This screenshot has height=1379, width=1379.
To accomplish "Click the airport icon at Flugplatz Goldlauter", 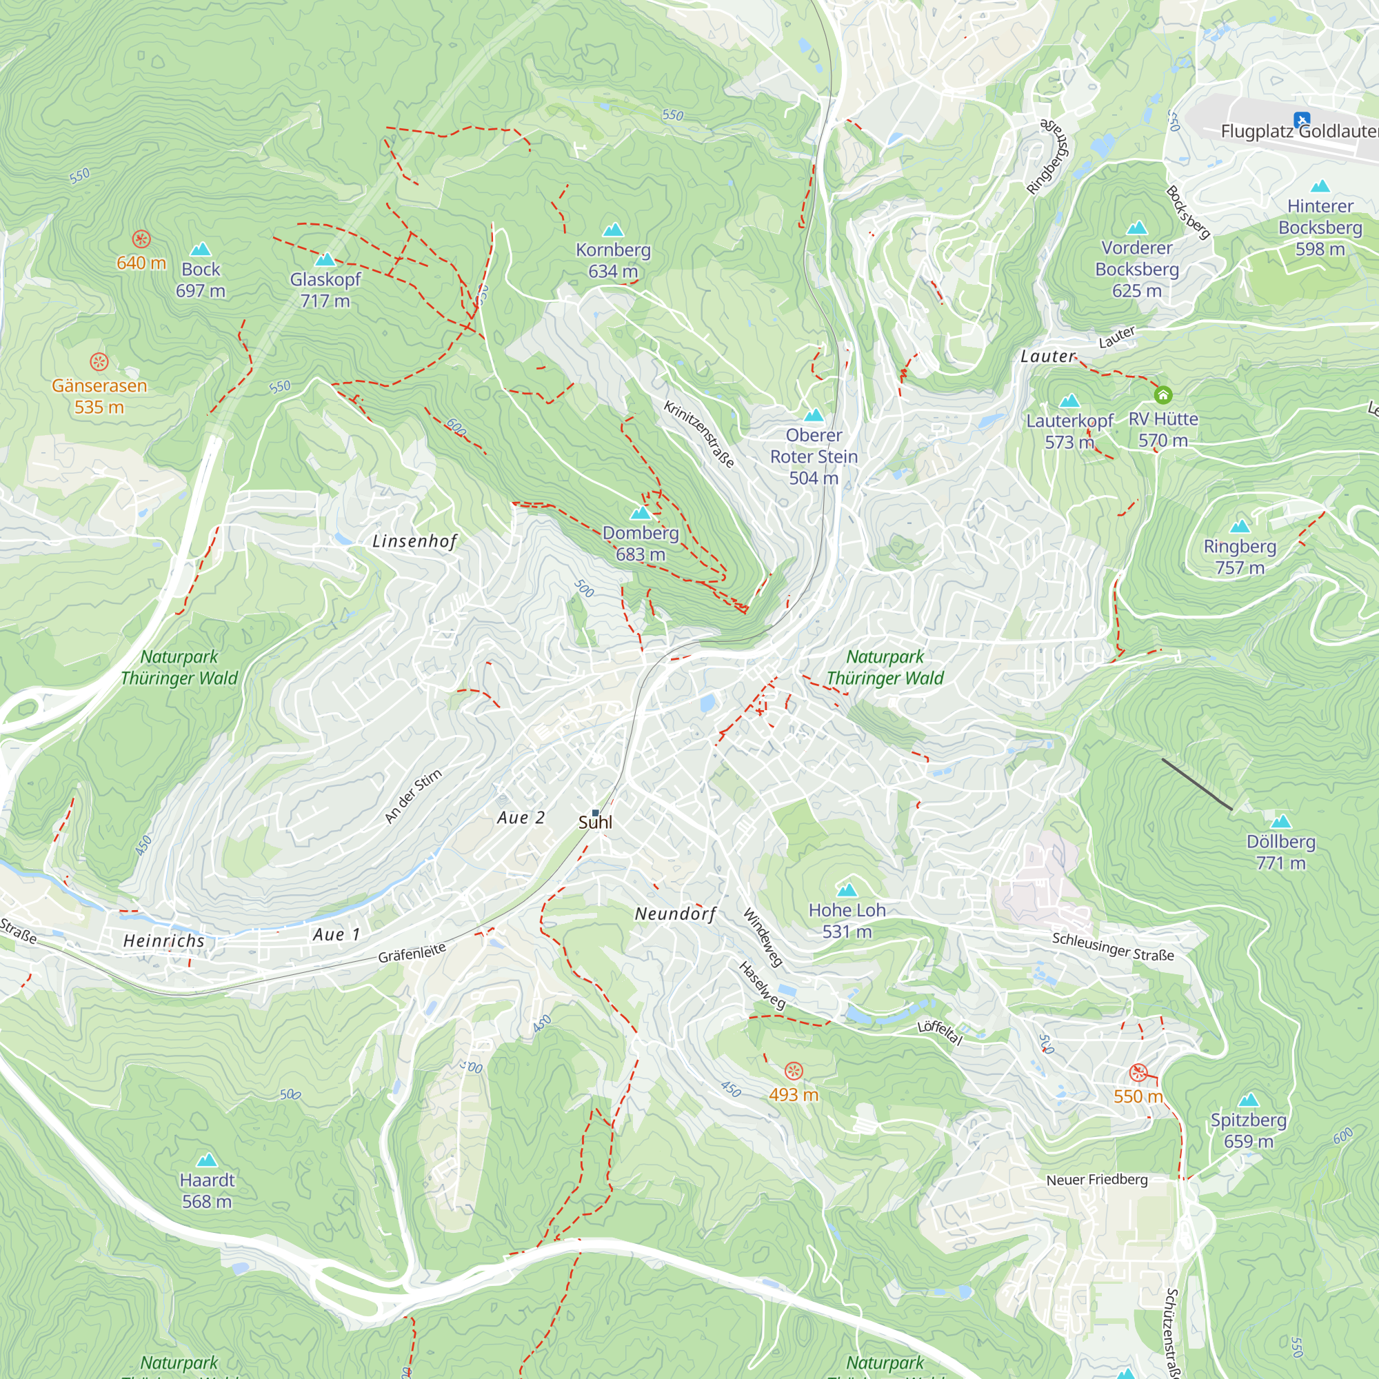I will coord(1301,119).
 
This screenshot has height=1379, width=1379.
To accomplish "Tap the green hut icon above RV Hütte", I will coord(1162,394).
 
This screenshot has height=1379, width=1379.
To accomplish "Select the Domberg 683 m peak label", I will coord(641,543).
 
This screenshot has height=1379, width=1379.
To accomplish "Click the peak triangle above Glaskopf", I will coord(325,259).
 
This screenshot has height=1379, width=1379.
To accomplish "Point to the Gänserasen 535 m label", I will coord(99,396).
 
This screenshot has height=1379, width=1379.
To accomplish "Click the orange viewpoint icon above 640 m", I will coord(141,239).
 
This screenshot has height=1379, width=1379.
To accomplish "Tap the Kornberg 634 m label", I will coord(613,261).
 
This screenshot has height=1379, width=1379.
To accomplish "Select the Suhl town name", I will coord(595,823).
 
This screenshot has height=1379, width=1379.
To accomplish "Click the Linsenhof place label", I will coord(414,541).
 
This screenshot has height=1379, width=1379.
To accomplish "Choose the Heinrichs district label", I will coord(164,940).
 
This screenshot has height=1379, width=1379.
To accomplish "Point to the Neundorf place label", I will coord(675,914).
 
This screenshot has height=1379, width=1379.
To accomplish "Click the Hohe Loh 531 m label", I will coord(847,920).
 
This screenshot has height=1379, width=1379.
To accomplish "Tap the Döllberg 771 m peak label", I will coord(1280,852).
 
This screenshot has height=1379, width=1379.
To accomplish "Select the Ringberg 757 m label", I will coord(1240,556).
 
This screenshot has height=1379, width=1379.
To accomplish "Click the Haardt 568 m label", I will coord(207,1191).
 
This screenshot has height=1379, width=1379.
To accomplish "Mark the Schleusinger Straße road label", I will coord(1113,947).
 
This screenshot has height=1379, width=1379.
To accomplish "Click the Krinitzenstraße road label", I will coord(698,434).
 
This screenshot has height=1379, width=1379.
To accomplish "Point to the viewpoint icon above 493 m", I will coord(794,1071).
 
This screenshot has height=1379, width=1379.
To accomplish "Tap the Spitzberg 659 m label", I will coord(1249,1130).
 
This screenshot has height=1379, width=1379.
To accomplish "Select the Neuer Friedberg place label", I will coord(1097,1180).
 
